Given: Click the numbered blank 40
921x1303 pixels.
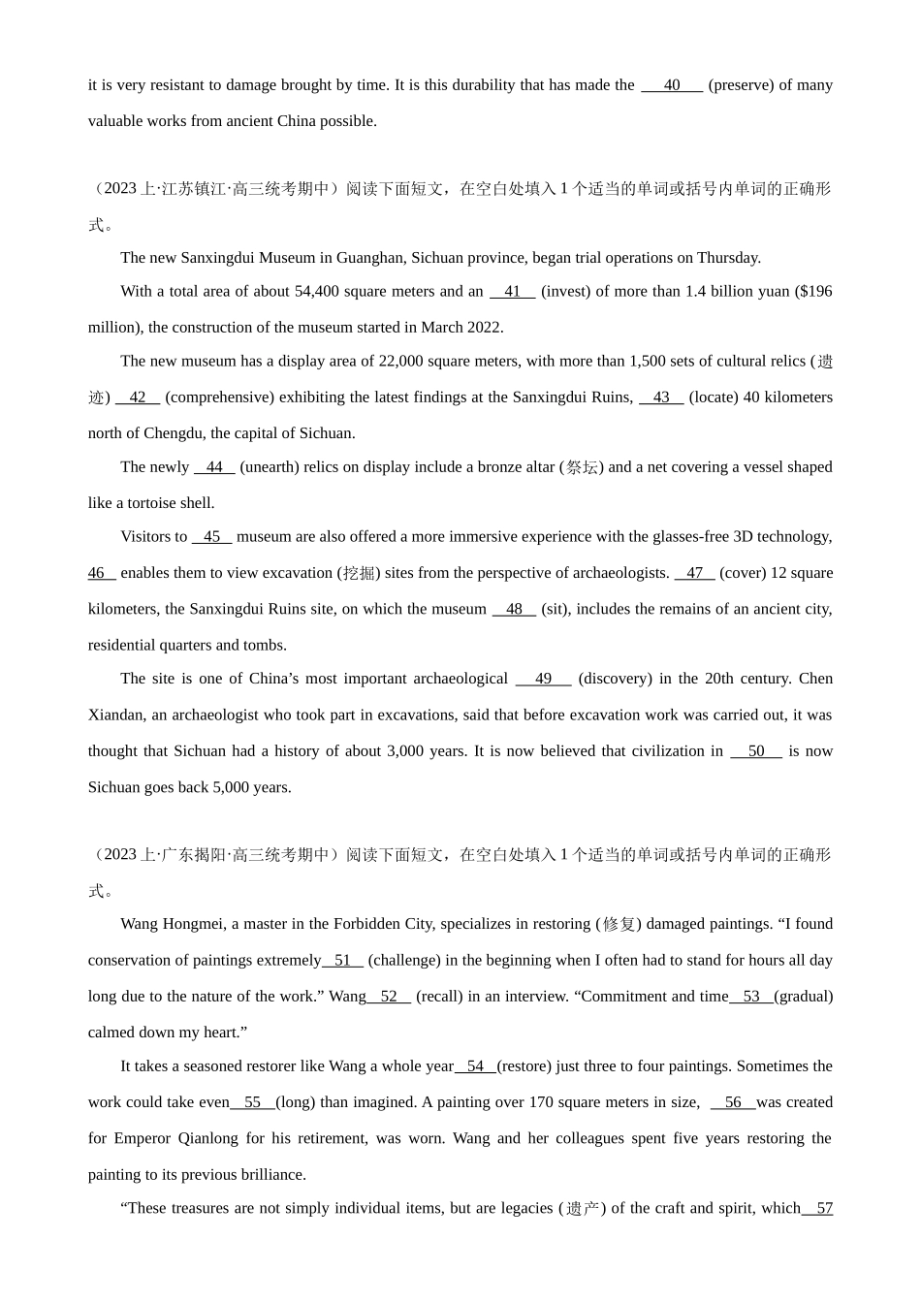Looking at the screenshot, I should tap(672, 85).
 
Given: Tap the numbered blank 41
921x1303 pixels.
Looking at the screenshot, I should tap(512, 291).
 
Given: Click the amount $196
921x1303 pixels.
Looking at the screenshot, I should tap(813, 291).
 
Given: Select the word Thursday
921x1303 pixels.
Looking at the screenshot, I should tap(728, 258).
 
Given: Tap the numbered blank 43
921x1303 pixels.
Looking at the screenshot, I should tap(661, 397).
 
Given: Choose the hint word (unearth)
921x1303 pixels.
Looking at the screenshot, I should tap(273, 467).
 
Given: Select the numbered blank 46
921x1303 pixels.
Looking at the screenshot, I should tap(100, 573).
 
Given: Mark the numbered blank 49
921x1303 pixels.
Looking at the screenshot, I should tap(543, 679).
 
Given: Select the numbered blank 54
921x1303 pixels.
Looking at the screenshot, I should tap(475, 1066).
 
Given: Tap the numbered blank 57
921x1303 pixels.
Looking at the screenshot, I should tap(822, 1208).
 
